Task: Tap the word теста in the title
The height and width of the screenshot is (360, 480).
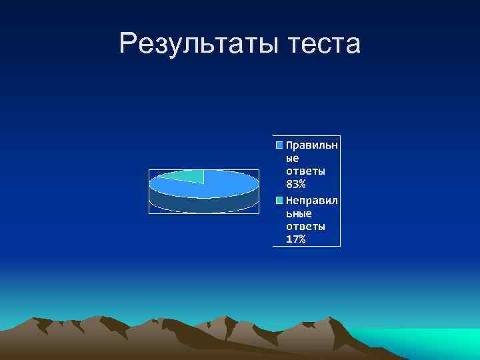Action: point(325,45)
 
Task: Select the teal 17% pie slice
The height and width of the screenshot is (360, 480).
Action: point(183,177)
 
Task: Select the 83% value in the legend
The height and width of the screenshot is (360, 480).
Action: point(297,185)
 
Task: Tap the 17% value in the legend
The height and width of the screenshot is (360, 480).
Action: point(297,239)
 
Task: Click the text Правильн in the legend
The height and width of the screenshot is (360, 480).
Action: point(311,145)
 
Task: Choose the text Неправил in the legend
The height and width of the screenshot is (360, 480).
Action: point(311,200)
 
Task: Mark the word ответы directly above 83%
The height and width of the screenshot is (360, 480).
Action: point(305,171)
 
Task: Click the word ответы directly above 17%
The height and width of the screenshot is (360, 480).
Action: point(305,227)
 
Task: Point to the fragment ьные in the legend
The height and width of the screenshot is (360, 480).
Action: point(299,213)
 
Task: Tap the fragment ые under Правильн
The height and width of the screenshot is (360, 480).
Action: point(293,158)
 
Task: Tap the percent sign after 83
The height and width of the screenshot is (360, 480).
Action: point(302,185)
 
